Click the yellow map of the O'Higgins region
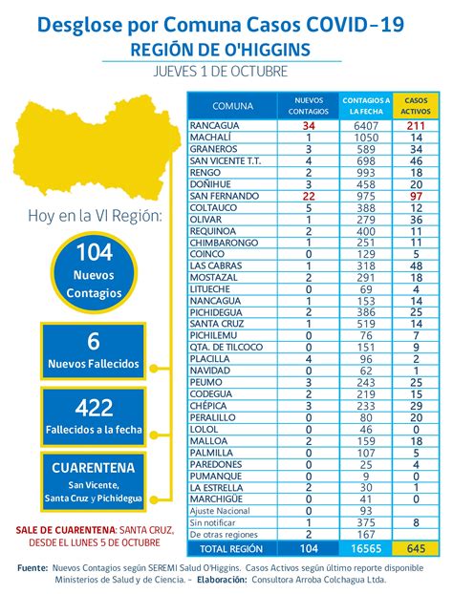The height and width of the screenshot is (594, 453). point(91,149)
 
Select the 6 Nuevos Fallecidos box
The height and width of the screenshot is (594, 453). point(93,351)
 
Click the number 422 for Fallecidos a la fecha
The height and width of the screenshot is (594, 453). point(93,408)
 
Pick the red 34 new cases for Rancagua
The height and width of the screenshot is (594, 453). point(309,125)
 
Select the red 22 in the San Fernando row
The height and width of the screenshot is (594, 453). point(309,195)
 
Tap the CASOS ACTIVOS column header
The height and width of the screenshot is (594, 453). point(416,104)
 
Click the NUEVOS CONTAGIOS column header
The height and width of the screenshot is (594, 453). point(309,104)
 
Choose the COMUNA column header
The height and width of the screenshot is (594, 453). point(232,104)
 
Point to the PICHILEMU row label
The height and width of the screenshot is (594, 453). point(212,335)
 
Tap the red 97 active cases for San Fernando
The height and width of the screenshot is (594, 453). point(416,195)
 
